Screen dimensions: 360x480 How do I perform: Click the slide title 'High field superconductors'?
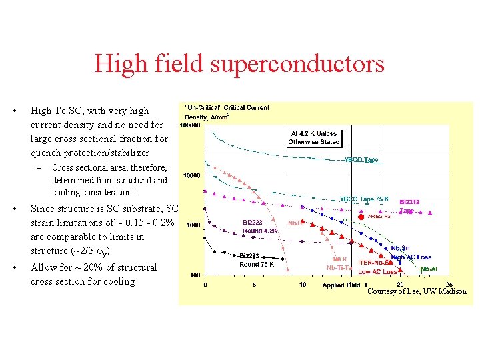(x=239, y=64)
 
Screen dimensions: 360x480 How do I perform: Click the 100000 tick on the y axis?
(x=193, y=125)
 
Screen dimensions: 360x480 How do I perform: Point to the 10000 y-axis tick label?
(x=194, y=175)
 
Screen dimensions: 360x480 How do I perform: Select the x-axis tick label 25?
(x=449, y=285)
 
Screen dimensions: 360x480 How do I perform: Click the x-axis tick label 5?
(x=253, y=285)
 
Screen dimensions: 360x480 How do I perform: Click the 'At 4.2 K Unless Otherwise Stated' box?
(x=314, y=137)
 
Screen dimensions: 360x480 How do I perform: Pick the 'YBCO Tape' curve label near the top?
(x=361, y=160)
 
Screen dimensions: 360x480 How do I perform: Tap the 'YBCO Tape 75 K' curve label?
(x=364, y=199)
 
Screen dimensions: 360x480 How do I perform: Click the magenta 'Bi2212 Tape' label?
(x=409, y=206)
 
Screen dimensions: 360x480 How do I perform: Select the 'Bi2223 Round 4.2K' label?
(x=261, y=227)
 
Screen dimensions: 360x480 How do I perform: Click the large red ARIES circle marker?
(x=361, y=216)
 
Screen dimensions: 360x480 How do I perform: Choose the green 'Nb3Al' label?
(x=429, y=269)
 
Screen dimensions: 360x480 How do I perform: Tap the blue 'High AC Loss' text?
(x=411, y=257)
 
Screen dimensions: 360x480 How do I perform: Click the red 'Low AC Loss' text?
(x=377, y=271)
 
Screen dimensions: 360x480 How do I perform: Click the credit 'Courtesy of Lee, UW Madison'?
(x=417, y=292)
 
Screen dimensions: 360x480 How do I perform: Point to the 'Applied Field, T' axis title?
(x=345, y=285)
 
